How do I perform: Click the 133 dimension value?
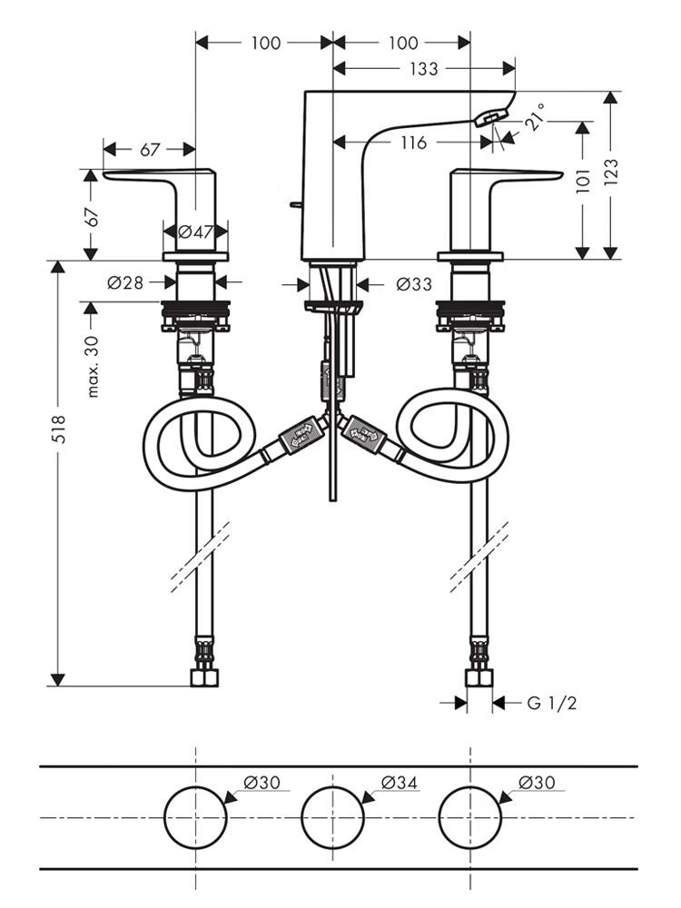pyautogui.click(x=424, y=69)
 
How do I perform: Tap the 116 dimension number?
pyautogui.click(x=413, y=143)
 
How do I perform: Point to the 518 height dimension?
pyautogui.click(x=59, y=429)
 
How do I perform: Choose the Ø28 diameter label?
pyautogui.click(x=125, y=282)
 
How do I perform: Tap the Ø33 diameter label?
pyautogui.click(x=413, y=283)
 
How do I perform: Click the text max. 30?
pyautogui.click(x=93, y=367)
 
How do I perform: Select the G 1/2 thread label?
pyautogui.click(x=551, y=703)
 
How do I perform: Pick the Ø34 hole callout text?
pyautogui.click(x=399, y=783)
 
